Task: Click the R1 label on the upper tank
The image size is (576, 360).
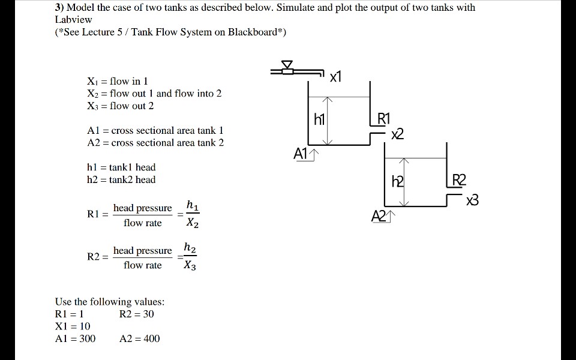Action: tap(383, 118)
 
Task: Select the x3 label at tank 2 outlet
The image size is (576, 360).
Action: tap(473, 200)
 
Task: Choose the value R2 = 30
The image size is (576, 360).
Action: tap(137, 314)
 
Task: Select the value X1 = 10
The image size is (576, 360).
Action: tap(73, 326)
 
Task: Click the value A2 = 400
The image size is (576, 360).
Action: tap(140, 338)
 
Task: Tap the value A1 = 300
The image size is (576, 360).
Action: tap(75, 338)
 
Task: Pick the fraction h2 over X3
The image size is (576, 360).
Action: tap(190, 257)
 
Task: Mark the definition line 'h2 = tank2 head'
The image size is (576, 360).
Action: tap(121, 179)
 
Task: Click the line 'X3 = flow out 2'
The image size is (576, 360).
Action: tap(121, 106)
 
